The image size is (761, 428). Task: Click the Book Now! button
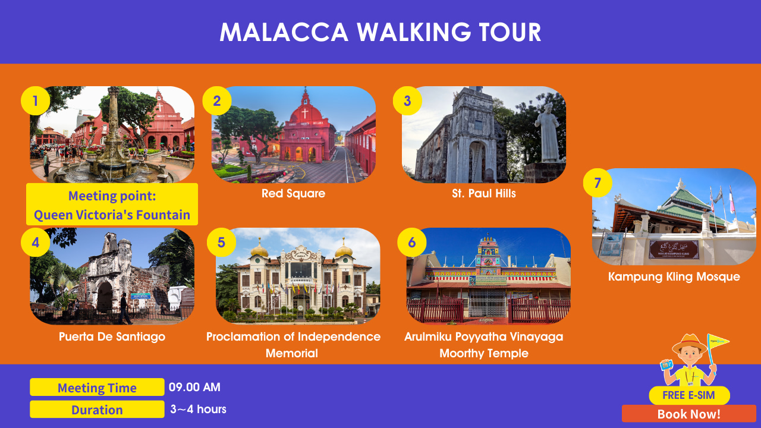point(688,414)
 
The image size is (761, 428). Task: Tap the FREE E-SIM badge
point(689,395)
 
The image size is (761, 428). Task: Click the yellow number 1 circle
point(35,101)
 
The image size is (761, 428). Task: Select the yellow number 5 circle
point(221,242)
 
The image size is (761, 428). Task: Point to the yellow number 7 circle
point(598,182)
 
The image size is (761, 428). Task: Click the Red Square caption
point(293,193)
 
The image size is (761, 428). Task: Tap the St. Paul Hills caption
point(484,193)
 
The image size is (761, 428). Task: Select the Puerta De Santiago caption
point(112,336)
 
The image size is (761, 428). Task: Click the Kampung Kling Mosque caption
point(674,276)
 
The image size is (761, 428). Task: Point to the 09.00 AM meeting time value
point(194,387)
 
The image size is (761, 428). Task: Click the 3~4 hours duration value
point(198,410)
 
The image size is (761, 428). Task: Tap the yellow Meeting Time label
point(97,387)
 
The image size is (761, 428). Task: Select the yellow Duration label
point(97,410)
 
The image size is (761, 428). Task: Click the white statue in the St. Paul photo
point(547,133)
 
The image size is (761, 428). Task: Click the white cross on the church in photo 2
point(305,114)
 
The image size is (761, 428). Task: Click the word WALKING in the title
point(414,32)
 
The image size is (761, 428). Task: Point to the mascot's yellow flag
point(718,342)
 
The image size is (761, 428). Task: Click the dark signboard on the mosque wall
point(674,250)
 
